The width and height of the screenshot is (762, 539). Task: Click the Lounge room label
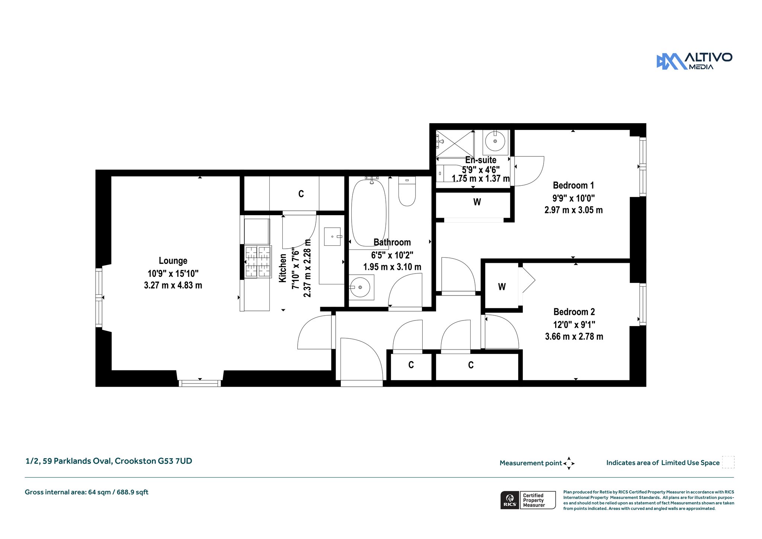click(173, 261)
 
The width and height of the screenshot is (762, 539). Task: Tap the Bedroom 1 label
click(573, 185)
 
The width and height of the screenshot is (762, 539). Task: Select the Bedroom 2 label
click(574, 312)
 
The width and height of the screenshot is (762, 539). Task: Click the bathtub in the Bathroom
click(369, 213)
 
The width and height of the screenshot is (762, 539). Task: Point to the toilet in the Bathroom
click(407, 191)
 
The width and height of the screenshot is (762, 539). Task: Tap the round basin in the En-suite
click(495, 142)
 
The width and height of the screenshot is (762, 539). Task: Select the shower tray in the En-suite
click(455, 143)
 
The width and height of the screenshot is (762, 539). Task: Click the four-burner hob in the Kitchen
click(258, 261)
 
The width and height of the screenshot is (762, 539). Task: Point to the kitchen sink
click(332, 236)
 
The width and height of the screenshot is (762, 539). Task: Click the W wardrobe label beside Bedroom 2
click(502, 287)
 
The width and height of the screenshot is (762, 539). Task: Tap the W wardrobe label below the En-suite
click(477, 202)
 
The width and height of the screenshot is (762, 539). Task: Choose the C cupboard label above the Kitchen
click(301, 194)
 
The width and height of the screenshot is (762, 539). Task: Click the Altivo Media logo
click(694, 61)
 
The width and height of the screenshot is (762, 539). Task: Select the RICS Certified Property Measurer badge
click(528, 500)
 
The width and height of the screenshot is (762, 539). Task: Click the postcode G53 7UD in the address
click(175, 461)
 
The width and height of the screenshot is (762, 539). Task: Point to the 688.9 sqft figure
click(132, 492)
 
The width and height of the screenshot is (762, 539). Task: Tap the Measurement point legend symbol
click(569, 463)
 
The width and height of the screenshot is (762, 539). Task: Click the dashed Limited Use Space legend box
click(728, 462)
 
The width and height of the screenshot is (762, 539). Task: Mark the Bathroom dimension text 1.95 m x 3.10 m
click(392, 267)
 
